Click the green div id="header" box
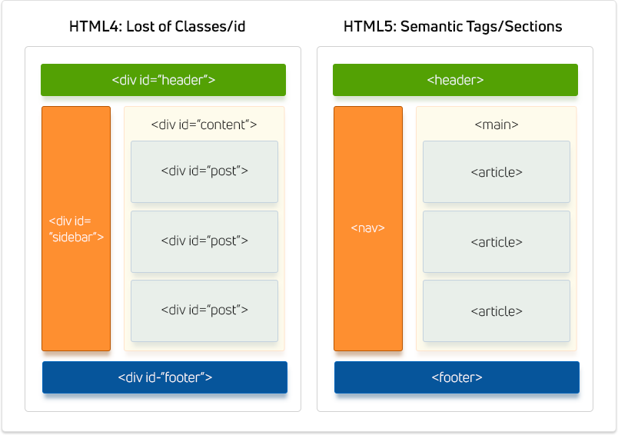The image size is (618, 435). (x=163, y=80)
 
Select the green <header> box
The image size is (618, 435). (x=455, y=80)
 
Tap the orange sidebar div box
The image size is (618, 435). (x=75, y=228)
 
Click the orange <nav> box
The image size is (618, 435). (x=367, y=228)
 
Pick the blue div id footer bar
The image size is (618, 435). (x=164, y=377)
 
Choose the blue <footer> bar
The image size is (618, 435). (x=457, y=377)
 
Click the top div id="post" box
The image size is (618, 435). (x=204, y=171)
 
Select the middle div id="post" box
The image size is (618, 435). (x=204, y=241)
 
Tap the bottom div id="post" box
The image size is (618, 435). (x=204, y=310)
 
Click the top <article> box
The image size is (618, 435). (x=497, y=171)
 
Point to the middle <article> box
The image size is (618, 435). (x=497, y=241)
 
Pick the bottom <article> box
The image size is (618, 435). (x=497, y=310)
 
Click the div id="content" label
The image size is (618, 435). (x=204, y=124)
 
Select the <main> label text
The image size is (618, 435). (x=496, y=124)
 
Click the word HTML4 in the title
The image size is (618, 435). (x=90, y=27)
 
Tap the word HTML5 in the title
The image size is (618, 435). (x=364, y=27)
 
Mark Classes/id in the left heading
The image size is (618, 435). (x=211, y=27)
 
